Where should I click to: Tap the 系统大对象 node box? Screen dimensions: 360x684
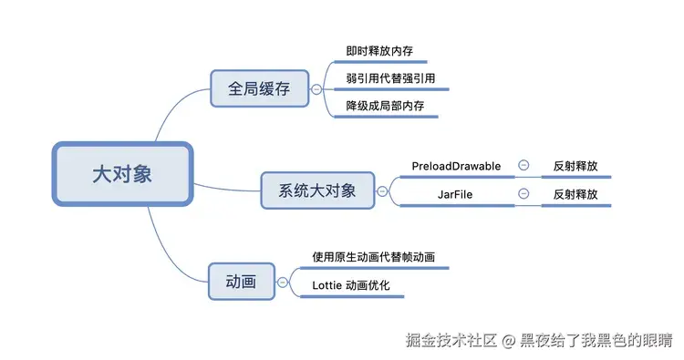316,191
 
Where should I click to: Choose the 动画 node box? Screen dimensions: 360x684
242,283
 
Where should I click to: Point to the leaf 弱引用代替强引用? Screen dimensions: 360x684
384,78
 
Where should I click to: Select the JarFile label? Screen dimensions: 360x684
456,194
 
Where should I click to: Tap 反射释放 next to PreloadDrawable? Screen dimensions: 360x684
575,167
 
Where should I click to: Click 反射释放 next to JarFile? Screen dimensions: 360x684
575,194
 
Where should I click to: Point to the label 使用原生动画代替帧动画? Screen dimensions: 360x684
373,257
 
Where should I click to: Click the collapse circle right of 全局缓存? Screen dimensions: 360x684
316,89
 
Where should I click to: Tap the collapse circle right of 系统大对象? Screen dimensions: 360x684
381,191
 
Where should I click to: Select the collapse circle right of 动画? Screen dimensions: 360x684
283,283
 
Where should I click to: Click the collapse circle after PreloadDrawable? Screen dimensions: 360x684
523,166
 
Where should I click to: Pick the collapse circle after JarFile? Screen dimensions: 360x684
523,193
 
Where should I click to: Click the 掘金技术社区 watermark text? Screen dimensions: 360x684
451,339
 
